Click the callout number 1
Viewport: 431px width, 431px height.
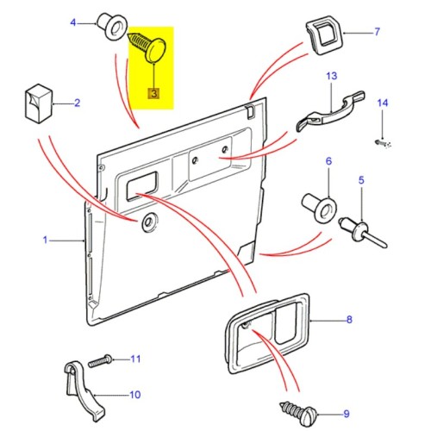47,239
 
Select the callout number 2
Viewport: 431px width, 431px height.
77,104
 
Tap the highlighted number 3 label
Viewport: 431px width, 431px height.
153,92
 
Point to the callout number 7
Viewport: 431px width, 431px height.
377,34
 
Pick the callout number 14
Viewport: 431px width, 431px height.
383,103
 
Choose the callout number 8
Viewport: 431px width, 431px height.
349,320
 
